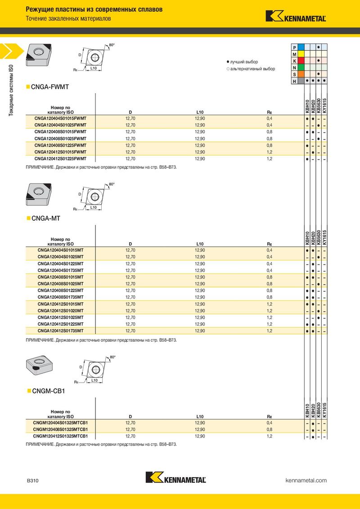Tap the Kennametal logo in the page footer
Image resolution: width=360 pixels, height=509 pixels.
pos(176,478)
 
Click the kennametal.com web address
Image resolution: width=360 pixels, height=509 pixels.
pos(306,481)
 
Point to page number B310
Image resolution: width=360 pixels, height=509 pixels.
pos(32,481)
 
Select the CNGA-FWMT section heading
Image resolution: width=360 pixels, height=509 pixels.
pos(49,86)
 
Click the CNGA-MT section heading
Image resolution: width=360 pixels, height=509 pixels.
pos(45,218)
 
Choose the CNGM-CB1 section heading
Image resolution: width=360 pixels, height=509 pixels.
pos(49,391)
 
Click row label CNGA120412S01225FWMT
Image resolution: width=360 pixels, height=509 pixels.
pos(60,159)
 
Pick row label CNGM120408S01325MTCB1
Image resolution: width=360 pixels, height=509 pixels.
pos(60,429)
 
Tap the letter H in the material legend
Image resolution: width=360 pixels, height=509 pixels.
pos(294,81)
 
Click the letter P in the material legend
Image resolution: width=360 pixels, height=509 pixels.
pos(294,47)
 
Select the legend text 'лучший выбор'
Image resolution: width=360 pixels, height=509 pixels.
pos(244,62)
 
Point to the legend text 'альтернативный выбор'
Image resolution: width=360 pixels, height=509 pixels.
pos(252,69)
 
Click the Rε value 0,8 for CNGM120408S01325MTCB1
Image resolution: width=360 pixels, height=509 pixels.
pos(270,429)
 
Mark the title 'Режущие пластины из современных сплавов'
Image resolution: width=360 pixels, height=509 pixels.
pos(94,9)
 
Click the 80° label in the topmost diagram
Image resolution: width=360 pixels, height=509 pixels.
pos(112,45)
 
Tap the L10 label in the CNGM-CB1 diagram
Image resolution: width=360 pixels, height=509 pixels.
pos(94,380)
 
